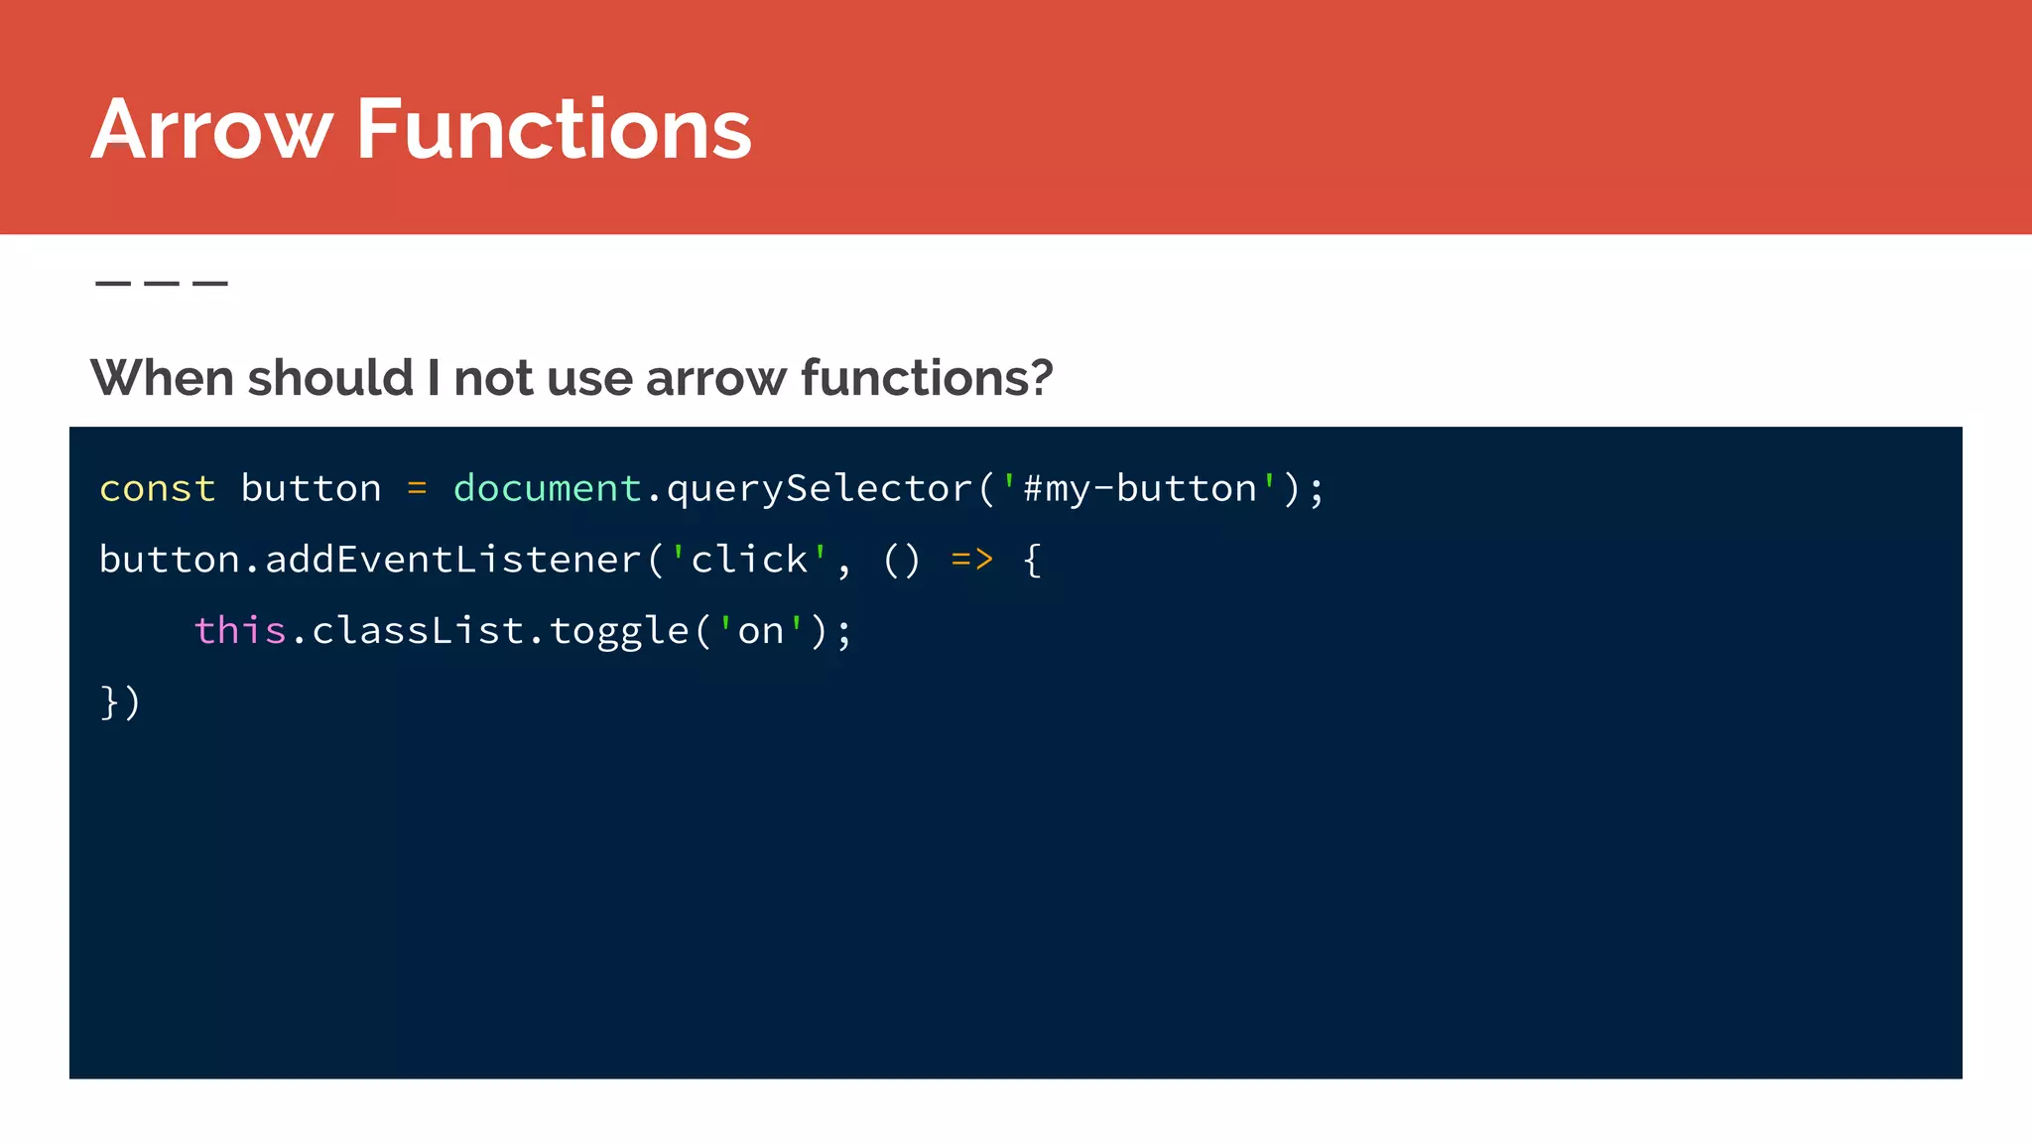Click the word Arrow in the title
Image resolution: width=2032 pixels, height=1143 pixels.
211,129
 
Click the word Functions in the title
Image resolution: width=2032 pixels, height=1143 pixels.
554,129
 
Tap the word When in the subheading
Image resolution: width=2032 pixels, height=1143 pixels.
162,378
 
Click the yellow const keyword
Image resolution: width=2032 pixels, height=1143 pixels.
158,488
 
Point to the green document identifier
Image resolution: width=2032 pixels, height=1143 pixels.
547,488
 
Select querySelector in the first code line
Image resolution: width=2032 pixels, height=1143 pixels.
819,488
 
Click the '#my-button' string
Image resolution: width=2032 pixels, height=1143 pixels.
1139,488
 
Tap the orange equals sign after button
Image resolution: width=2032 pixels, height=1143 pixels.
417,488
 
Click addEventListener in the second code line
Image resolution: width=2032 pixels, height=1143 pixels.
453,560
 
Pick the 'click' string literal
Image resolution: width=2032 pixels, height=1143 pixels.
749,560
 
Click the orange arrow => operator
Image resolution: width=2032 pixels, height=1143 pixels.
971,560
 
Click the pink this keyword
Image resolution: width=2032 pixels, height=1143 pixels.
240,631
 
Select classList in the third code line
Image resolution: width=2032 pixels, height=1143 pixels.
418,631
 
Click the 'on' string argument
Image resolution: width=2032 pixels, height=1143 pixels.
760,631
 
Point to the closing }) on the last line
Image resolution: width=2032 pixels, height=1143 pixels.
120,702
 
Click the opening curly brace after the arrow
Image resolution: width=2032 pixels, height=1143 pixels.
1032,560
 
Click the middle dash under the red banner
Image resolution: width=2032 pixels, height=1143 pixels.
162,284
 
